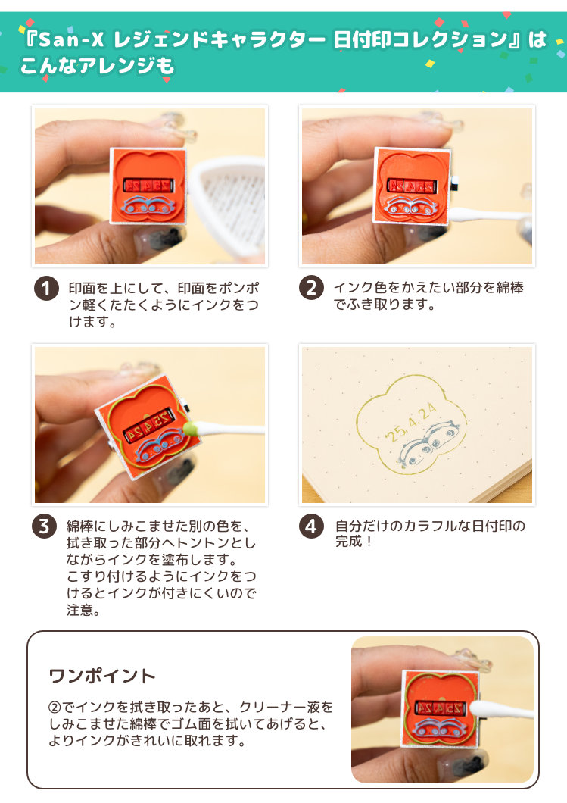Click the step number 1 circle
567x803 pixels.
47,289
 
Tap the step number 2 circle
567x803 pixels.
311,287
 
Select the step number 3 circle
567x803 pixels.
45,526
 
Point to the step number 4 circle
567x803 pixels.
311,526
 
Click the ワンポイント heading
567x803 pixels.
102,676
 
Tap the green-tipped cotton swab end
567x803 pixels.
191,428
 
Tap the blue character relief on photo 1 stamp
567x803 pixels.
148,205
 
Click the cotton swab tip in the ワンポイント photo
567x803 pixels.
479,709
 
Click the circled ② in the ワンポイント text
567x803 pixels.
55,708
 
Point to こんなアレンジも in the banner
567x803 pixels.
97,66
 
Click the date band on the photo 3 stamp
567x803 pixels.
149,426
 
